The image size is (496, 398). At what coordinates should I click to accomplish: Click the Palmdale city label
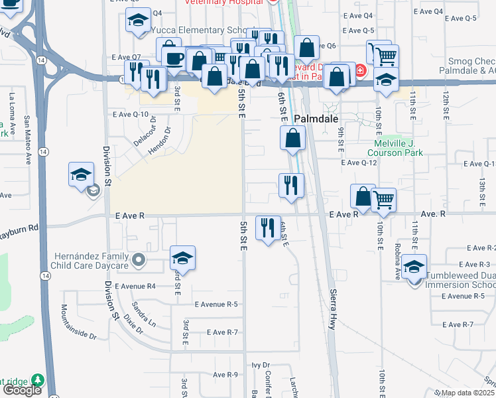click(308, 120)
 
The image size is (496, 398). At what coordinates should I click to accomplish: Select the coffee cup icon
click(174, 58)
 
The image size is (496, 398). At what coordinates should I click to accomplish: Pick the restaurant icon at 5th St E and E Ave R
click(267, 228)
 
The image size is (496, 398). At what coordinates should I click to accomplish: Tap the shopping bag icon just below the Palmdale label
click(292, 139)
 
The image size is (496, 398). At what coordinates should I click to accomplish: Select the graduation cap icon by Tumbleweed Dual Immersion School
click(414, 267)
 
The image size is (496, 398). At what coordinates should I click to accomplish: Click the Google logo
click(22, 390)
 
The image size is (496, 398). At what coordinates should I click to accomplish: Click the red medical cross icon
click(359, 70)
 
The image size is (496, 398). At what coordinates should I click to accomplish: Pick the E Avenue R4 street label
click(135, 287)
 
